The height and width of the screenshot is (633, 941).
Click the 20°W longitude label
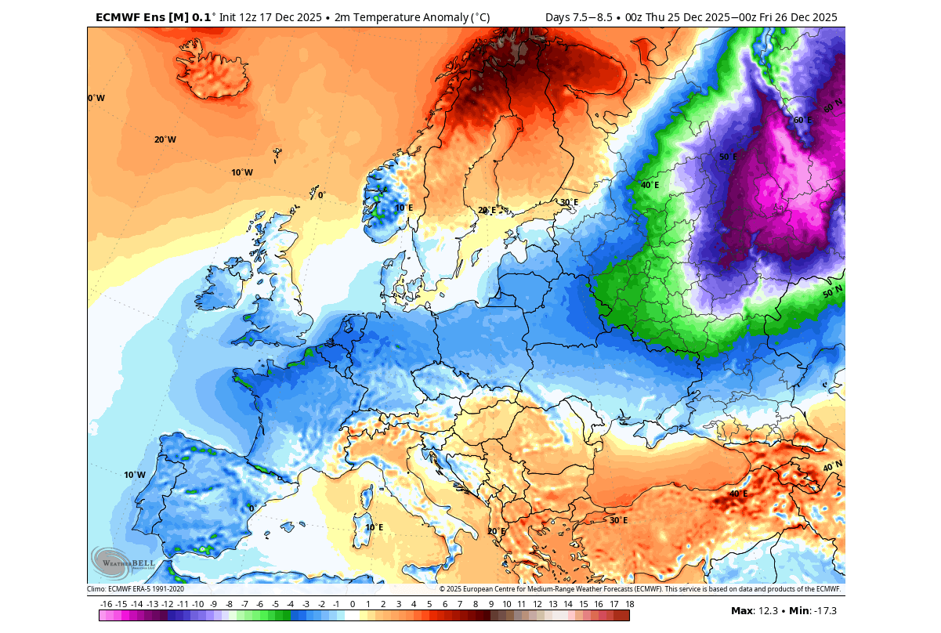click(x=165, y=139)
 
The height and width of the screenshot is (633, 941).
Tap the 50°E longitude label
click(x=729, y=157)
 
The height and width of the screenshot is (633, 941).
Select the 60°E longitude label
click(x=803, y=120)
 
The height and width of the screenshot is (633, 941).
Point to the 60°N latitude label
click(x=833, y=103)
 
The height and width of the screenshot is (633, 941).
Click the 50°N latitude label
click(x=832, y=292)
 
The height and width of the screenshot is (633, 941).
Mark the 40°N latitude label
click(x=832, y=466)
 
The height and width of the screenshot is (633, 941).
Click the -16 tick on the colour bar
click(x=107, y=604)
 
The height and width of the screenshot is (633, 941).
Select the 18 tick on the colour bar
click(x=629, y=604)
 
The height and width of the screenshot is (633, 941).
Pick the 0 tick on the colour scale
click(x=353, y=604)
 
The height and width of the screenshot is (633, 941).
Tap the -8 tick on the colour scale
click(x=229, y=604)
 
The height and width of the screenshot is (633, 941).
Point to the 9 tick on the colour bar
click(x=491, y=604)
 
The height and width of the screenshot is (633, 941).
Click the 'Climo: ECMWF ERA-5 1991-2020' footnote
click(x=136, y=588)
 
